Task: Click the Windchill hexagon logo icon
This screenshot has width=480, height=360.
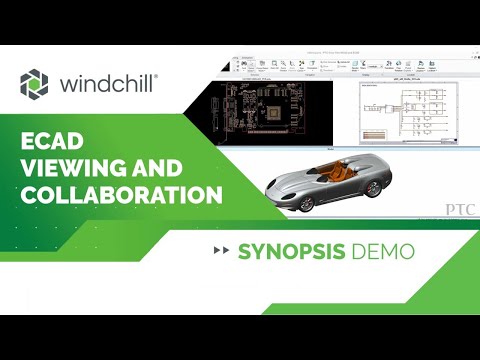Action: (x=33, y=85)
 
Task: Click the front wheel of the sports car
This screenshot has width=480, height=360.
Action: (x=299, y=200)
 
